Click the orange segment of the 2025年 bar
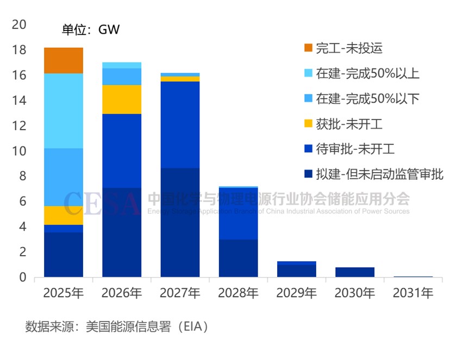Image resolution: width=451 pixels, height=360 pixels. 64,60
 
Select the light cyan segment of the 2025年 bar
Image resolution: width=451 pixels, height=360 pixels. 64,111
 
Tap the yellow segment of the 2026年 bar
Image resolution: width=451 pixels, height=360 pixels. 122,99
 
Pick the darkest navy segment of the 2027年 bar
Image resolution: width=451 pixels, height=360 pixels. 180,223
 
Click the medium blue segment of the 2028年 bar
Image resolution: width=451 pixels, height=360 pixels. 239,213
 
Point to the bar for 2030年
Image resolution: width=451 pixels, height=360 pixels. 355,272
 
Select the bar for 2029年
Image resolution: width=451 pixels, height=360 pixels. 297,269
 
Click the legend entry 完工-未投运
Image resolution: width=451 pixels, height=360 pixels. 350,48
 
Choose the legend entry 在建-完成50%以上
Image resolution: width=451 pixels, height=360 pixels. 368,73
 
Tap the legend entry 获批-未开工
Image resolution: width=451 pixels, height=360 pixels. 350,124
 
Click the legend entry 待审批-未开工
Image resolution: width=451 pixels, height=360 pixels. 356,149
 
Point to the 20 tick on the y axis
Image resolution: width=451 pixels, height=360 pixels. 18,25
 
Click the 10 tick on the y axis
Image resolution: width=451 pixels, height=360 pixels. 18,151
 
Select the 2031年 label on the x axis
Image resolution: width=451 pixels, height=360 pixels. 413,294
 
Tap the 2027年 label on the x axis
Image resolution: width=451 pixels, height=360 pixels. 180,294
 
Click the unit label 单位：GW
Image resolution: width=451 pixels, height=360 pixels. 91,30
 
